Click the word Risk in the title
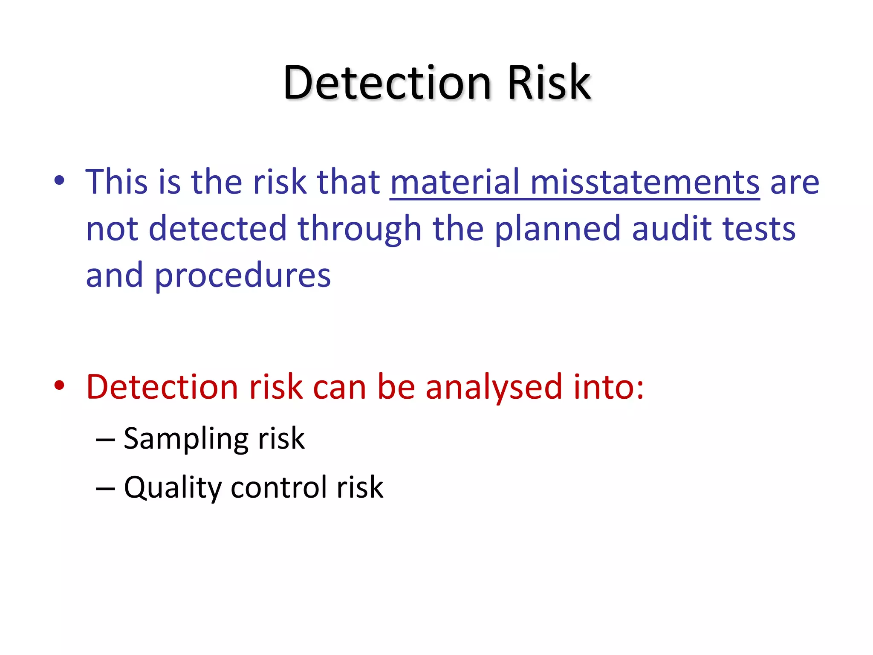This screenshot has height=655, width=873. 548,83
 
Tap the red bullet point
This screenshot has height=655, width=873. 59,385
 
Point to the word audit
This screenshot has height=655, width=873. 672,229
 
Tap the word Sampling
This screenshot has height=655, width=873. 185,440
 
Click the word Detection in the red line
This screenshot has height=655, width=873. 162,387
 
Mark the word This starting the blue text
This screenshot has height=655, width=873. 116,182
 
